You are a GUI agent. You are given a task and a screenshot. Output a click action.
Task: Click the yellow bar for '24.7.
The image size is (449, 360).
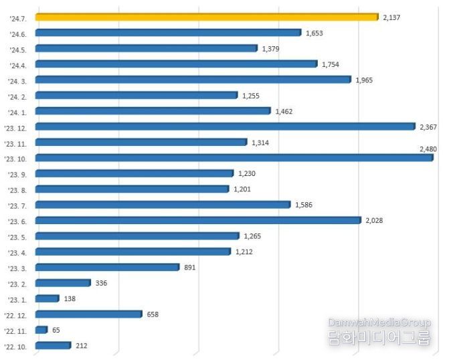[x=206, y=17]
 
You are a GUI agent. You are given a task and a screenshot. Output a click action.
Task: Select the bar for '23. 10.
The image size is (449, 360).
[x=234, y=158]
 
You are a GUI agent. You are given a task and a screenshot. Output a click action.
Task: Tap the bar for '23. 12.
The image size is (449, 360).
[x=226, y=126]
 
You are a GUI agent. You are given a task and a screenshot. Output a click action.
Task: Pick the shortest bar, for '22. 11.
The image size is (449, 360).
[x=41, y=330]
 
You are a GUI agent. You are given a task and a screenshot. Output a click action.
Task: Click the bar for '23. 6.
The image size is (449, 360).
[x=198, y=220]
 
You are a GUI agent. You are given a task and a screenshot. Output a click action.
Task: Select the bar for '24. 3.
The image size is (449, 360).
[x=193, y=80]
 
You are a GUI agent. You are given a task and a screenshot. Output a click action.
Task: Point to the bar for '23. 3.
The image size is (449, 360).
[x=107, y=267]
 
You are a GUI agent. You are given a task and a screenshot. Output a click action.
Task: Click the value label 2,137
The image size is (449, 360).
[x=391, y=17]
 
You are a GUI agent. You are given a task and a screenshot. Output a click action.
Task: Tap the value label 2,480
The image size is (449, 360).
[x=428, y=149]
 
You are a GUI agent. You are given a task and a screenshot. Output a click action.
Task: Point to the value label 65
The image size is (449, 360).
[x=57, y=330]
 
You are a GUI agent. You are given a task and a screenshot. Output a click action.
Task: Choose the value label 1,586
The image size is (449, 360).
[x=304, y=205]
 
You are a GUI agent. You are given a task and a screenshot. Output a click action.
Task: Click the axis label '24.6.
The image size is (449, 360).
[x=18, y=33]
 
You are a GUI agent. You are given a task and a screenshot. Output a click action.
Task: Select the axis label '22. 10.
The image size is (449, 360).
[x=16, y=346]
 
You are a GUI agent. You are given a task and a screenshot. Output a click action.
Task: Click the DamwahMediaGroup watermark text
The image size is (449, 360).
[x=379, y=323]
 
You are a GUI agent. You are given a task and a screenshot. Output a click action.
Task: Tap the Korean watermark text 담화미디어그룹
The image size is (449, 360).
[x=379, y=339]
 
